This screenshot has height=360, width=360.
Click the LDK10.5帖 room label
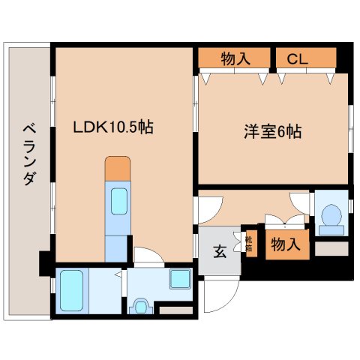click(112, 127)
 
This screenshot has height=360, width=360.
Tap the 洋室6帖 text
click(271, 132)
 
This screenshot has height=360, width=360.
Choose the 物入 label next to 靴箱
click(286, 244)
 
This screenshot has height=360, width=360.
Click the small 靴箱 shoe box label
click(249, 244)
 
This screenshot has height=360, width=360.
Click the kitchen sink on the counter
click(119, 201)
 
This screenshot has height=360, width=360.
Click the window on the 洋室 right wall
click(351, 124)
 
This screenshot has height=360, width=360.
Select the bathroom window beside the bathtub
click(52, 287)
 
